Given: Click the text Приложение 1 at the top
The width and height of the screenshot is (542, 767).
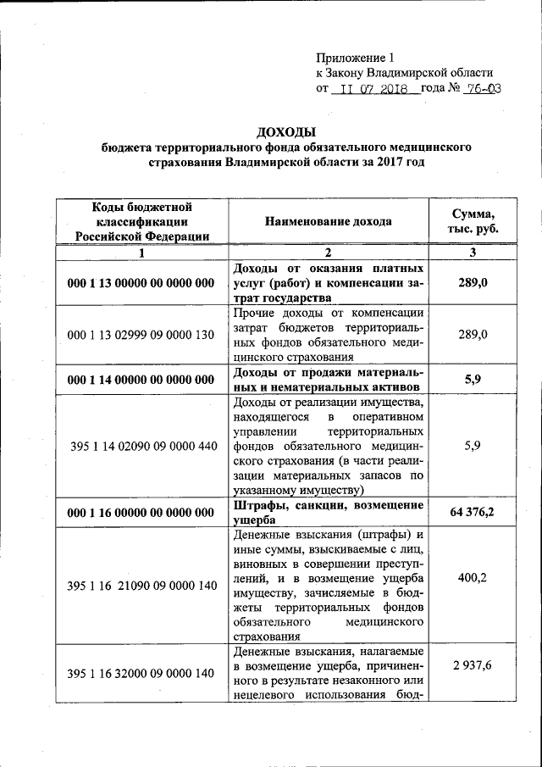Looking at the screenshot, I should click(x=356, y=58).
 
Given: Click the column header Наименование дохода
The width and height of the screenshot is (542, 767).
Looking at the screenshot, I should click(x=329, y=222).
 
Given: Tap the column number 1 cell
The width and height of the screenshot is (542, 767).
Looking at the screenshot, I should click(x=141, y=253).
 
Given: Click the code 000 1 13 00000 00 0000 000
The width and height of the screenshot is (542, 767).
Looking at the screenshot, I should click(x=141, y=284).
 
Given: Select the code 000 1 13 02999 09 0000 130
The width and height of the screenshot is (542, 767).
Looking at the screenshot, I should click(x=141, y=335).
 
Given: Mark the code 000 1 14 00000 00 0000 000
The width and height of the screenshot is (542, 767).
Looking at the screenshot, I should click(x=141, y=381).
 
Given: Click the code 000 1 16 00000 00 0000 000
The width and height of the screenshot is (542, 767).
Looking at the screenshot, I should click(x=141, y=512).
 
